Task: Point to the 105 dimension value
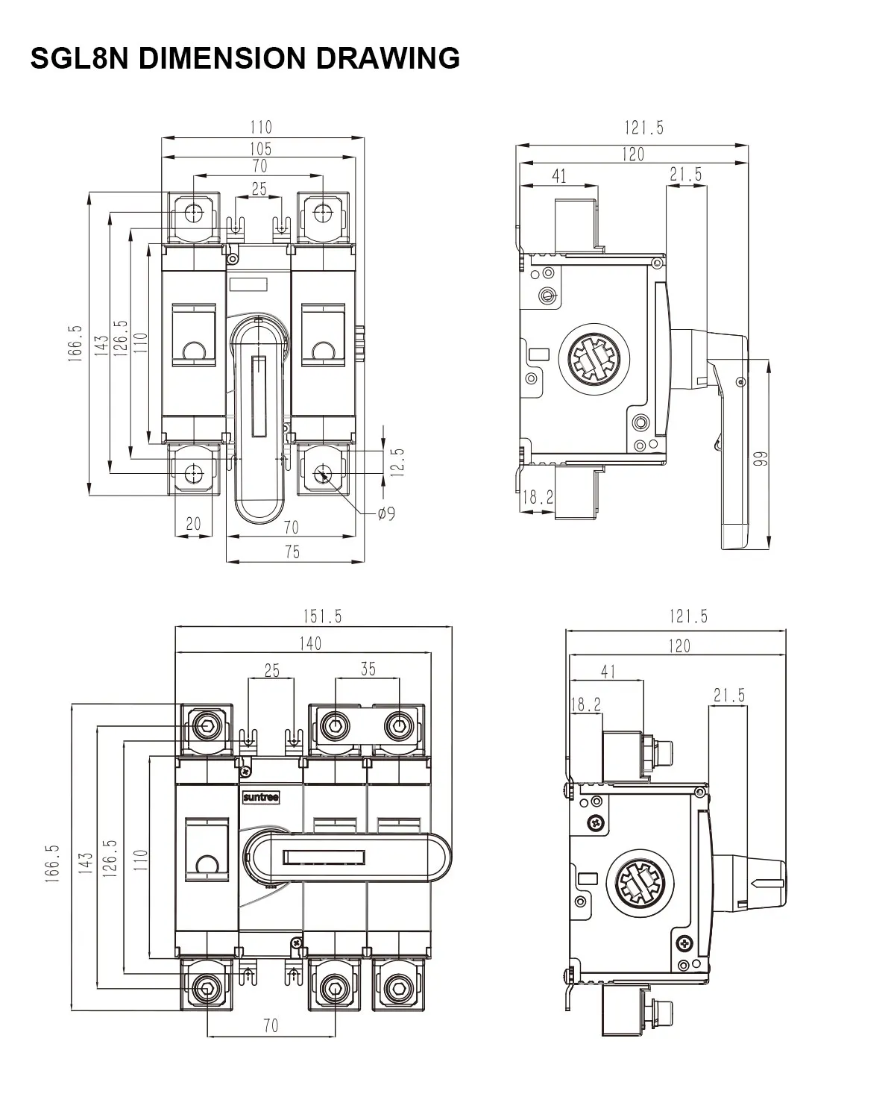(260, 149)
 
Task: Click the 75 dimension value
(292, 551)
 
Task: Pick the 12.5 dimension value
(397, 462)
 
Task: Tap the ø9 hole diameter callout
(386, 513)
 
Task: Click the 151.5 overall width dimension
(322, 616)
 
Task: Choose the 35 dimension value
(368, 669)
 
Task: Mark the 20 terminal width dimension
(193, 524)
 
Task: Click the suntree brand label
(260, 798)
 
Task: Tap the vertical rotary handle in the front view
(259, 418)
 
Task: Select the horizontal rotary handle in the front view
(347, 857)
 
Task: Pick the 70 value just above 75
(291, 527)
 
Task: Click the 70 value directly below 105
(259, 166)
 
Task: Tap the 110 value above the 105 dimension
(260, 127)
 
